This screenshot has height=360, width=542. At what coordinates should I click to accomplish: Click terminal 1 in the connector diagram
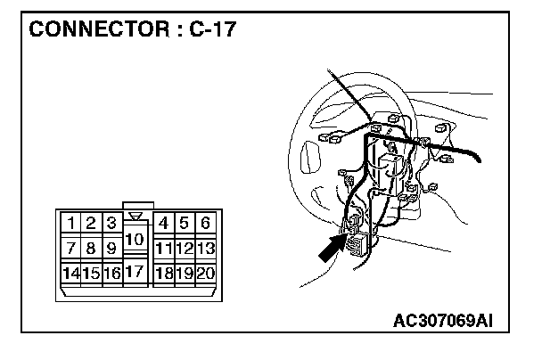[x=70, y=223]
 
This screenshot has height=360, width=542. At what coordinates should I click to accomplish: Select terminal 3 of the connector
[x=111, y=223]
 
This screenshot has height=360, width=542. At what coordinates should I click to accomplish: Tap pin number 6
[x=205, y=223]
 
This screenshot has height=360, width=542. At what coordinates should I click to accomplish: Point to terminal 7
[x=70, y=247]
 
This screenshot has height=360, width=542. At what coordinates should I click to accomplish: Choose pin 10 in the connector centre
[x=134, y=239]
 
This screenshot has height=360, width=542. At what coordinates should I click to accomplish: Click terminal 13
[x=205, y=247]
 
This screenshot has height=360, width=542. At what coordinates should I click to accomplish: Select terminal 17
[x=134, y=270]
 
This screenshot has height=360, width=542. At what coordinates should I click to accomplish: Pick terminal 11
[x=163, y=247]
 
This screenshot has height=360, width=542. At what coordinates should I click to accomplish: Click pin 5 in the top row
[x=185, y=223]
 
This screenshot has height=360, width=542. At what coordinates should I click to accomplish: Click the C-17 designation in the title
[x=211, y=29]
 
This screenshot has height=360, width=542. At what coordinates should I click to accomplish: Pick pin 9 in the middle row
[x=111, y=247]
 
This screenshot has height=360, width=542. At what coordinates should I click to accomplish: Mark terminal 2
[x=90, y=223]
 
